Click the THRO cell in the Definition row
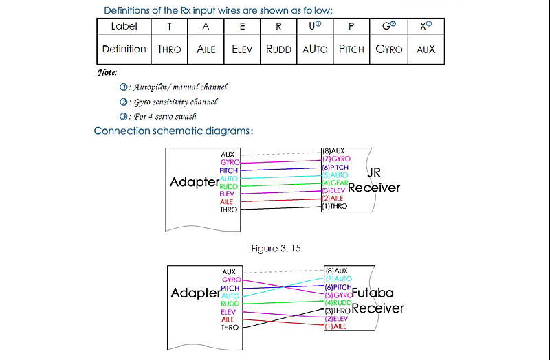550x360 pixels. point(170,49)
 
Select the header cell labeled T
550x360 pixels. point(170,26)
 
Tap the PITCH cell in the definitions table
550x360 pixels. point(351,49)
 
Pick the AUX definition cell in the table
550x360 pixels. point(426,49)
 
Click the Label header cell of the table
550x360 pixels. point(124,26)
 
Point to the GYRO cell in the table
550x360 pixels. point(389,49)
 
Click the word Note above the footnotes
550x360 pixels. point(107,73)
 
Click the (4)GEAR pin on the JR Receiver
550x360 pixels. point(335,183)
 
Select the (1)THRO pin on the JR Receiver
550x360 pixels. point(335,206)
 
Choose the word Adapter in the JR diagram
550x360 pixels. point(195,183)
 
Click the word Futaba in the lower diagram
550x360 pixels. point(378,292)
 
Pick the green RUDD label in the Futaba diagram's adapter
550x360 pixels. point(230,303)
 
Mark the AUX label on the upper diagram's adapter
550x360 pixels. point(228,155)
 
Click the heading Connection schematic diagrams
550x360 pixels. point(173,131)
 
